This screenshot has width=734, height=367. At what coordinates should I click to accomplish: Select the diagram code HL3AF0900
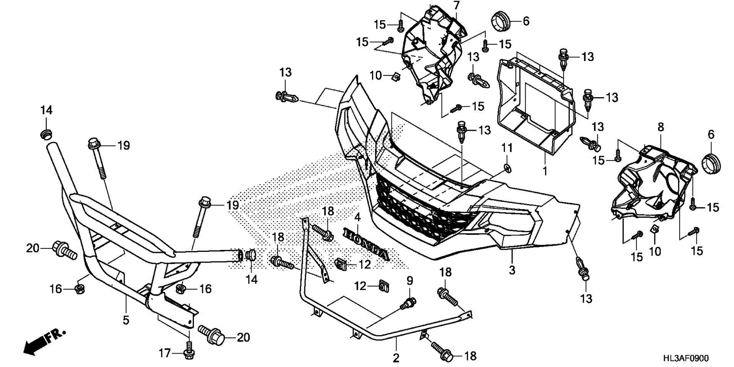coord(685,358)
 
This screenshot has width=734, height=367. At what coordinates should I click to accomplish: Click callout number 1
coord(545,171)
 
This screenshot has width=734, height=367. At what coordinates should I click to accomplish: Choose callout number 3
coord(512,270)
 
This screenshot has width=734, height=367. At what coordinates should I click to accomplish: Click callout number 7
coord(456,5)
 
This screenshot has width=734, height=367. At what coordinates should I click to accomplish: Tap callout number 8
coord(661,127)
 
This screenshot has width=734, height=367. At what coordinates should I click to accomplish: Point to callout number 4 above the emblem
coord(357,218)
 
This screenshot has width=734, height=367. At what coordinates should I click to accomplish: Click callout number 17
coord(165,353)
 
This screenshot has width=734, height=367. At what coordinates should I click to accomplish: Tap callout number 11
coord(507,147)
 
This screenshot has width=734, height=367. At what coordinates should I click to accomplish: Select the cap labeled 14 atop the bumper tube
coord(46,134)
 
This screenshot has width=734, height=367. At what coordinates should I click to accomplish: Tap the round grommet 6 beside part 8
coord(711,163)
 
